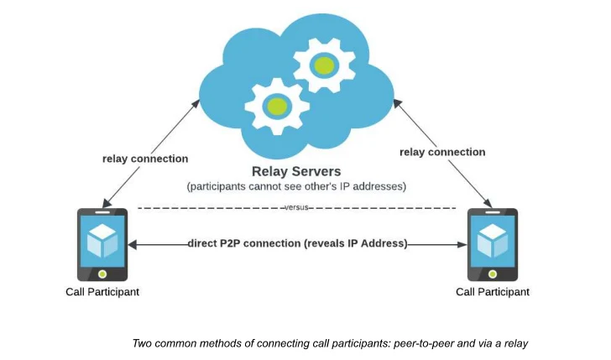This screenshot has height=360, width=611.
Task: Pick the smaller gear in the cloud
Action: click(275, 105)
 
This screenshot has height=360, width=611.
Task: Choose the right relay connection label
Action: click(442, 152)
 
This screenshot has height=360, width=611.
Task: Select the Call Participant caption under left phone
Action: click(102, 292)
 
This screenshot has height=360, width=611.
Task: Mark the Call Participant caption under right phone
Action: click(493, 292)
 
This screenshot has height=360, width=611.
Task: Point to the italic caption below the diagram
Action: click(329, 343)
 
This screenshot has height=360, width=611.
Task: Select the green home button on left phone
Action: click(102, 274)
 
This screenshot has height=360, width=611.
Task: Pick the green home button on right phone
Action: click(493, 274)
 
